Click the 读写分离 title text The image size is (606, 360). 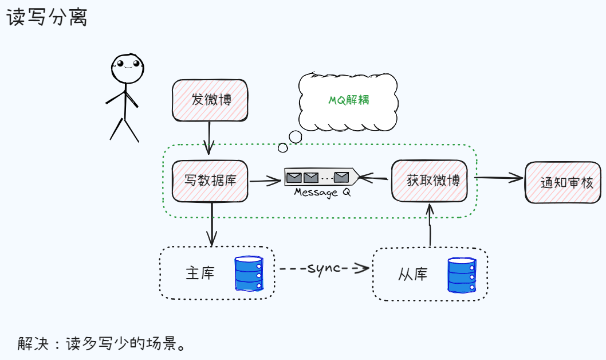pyautogui.click(x=47, y=17)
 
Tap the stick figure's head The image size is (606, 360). pyautogui.click(x=128, y=68)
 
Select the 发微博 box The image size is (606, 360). pyautogui.click(x=210, y=100)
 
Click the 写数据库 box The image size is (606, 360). pyautogui.click(x=210, y=181)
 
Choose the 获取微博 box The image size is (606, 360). pyautogui.click(x=430, y=181)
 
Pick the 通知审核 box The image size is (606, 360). pyautogui.click(x=563, y=182)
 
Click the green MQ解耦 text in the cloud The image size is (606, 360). pyautogui.click(x=349, y=100)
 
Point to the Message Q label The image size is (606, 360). pyautogui.click(x=322, y=192)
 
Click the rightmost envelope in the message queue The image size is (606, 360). pyautogui.click(x=341, y=178)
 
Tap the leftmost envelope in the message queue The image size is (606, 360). pyautogui.click(x=294, y=178)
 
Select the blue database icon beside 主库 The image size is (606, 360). pyautogui.click(x=249, y=273)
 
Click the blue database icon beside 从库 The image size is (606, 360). pyautogui.click(x=462, y=275)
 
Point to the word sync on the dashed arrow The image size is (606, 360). pyautogui.click(x=324, y=268)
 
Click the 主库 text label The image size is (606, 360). pyautogui.click(x=200, y=273)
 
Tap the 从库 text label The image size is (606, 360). pyautogui.click(x=413, y=274)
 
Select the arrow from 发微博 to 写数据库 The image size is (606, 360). pyautogui.click(x=209, y=138)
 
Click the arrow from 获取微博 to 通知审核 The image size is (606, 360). pyautogui.click(x=499, y=178)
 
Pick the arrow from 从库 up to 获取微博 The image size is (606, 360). pyautogui.click(x=430, y=225)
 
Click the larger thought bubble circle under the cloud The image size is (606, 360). pyautogui.click(x=296, y=136)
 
